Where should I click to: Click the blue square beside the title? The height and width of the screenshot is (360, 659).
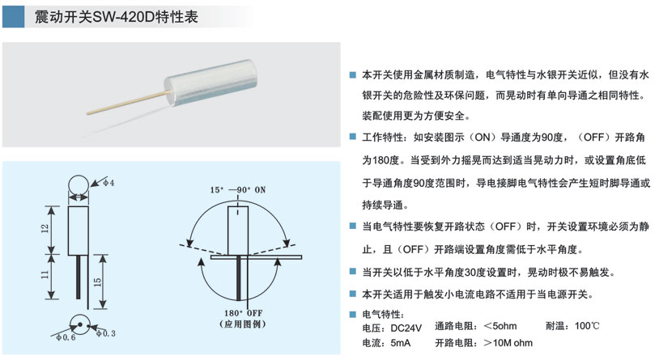pyautogui.click(x=14, y=17)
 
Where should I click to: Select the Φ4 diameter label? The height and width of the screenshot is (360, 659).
pyautogui.click(x=108, y=183)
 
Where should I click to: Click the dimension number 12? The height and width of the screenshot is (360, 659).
pyautogui.click(x=45, y=229)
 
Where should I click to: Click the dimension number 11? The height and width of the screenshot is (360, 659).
pyautogui.click(x=45, y=275)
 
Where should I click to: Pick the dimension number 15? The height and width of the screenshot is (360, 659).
pyautogui.click(x=97, y=282)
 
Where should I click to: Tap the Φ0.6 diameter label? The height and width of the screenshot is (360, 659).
pyautogui.click(x=66, y=337)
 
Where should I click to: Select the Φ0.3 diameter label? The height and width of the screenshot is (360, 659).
pyautogui.click(x=105, y=333)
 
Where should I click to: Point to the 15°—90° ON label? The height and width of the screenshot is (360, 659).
pyautogui.click(x=238, y=190)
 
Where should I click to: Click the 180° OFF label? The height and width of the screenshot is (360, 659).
pyautogui.click(x=243, y=313)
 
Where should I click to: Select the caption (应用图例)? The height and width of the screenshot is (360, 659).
pyautogui.click(x=243, y=324)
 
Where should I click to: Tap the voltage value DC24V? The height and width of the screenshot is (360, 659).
pyautogui.click(x=406, y=328)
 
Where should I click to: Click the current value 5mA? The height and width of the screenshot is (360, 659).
pyautogui.click(x=401, y=343)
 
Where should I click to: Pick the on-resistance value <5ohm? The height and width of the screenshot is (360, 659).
pyautogui.click(x=500, y=326)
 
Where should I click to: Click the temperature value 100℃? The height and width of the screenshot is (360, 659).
pyautogui.click(x=587, y=326)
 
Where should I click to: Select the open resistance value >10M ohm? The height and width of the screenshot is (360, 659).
pyautogui.click(x=508, y=343)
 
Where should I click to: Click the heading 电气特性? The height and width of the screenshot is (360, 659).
pyautogui.click(x=383, y=314)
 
